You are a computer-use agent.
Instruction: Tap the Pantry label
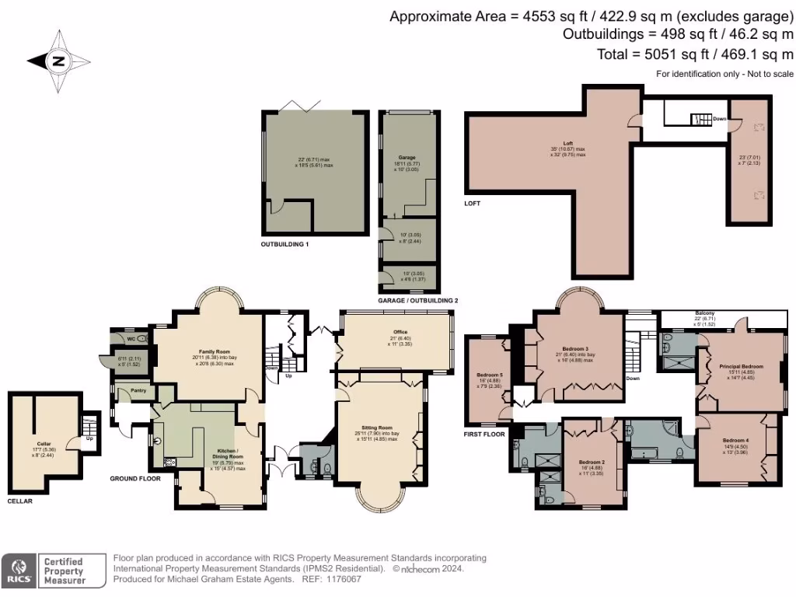(131, 391)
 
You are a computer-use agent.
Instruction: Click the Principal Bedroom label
(742, 366)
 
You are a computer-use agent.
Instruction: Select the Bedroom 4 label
(736, 440)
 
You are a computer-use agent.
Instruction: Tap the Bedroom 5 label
(490, 375)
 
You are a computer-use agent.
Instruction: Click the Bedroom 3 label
(575, 349)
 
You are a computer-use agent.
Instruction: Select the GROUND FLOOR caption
(134, 479)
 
